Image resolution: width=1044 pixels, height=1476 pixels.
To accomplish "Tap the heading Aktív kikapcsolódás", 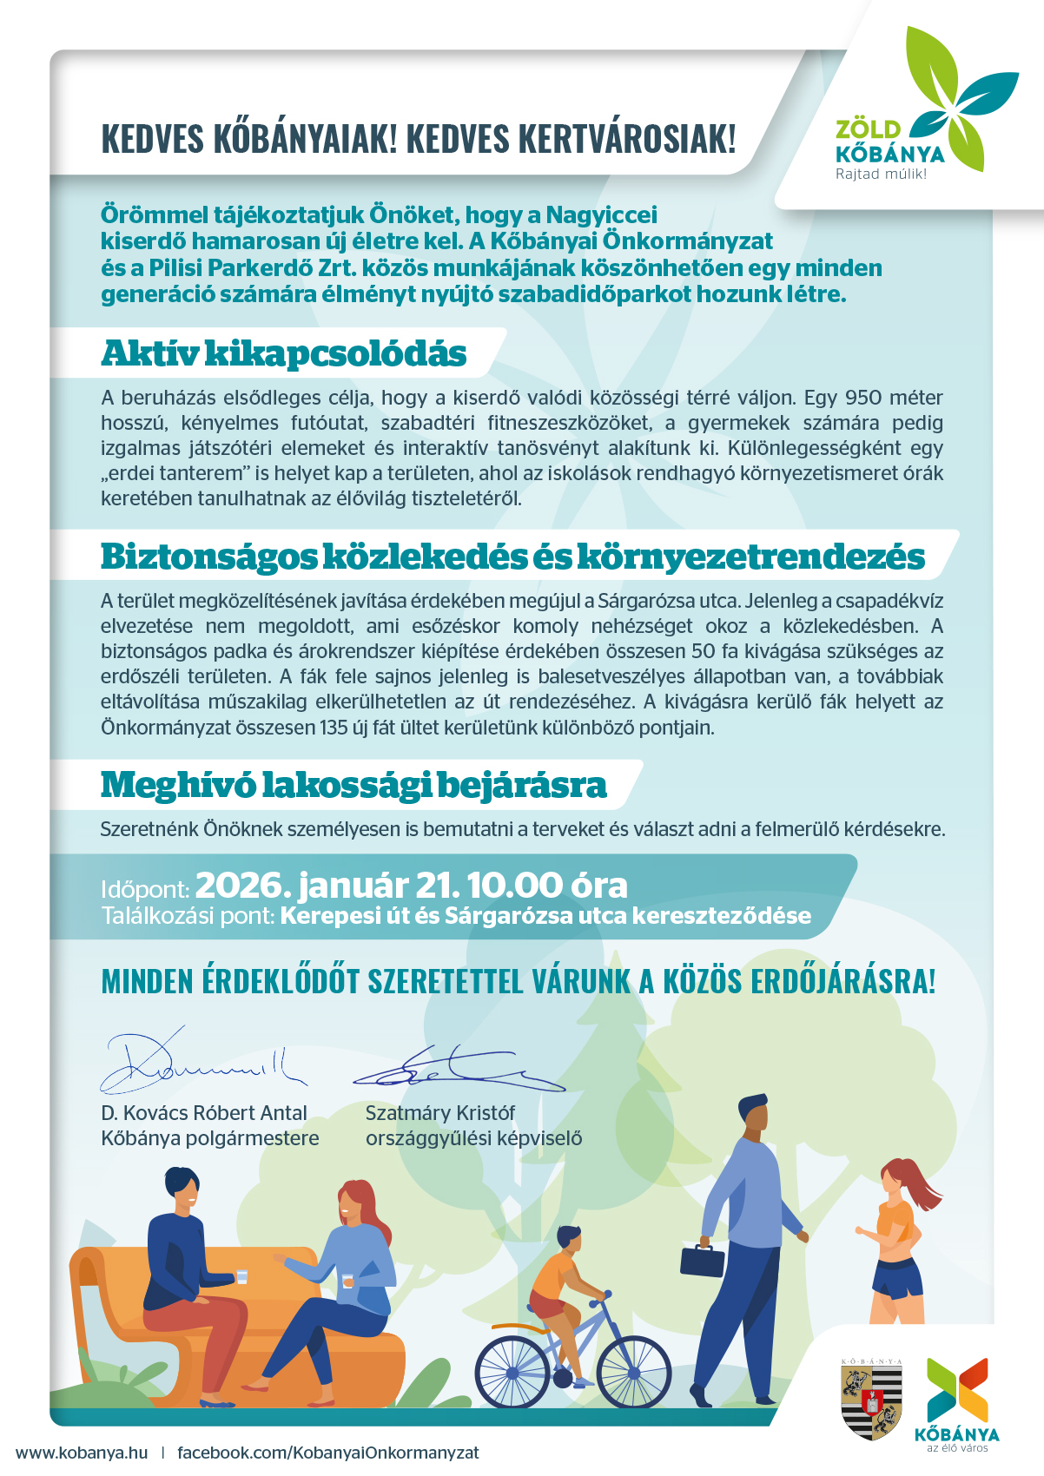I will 283,354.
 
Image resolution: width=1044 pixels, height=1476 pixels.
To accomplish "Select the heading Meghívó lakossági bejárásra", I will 354,785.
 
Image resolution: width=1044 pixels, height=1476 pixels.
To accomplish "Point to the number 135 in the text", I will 334,728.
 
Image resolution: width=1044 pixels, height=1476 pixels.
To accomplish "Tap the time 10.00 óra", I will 546,886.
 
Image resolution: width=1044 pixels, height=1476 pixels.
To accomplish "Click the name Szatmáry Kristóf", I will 439,1113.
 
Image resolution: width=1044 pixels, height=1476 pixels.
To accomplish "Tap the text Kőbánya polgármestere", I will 210,1138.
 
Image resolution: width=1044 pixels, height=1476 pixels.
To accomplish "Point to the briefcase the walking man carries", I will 702,1261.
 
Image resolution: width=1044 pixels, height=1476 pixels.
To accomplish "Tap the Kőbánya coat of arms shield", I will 871,1400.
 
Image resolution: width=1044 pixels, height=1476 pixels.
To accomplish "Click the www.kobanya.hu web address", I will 82,1453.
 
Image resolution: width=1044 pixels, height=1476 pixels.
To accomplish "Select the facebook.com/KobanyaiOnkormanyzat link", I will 327,1453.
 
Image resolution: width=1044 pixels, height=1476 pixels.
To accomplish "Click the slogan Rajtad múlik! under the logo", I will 880,175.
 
